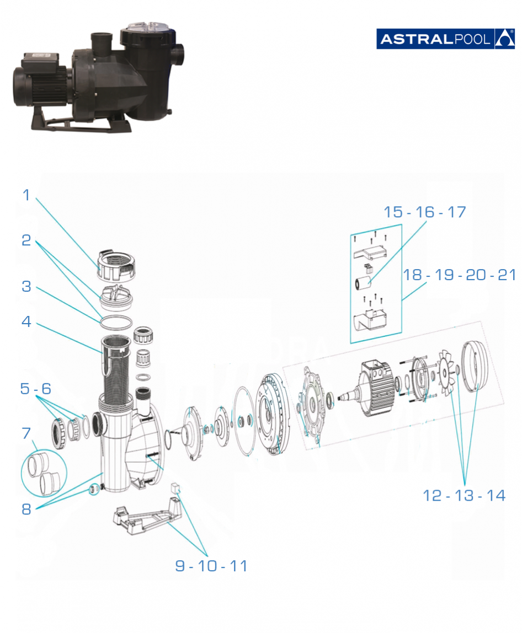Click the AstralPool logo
pos(445,39)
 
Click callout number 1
pos(26,195)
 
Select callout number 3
pos(26,286)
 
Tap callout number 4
pos(26,321)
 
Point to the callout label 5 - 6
pos(35,388)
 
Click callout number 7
pos(26,433)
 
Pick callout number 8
pos(26,509)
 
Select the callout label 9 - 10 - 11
pos(211,566)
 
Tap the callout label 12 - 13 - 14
pos(464,495)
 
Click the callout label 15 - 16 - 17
pos(425,212)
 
